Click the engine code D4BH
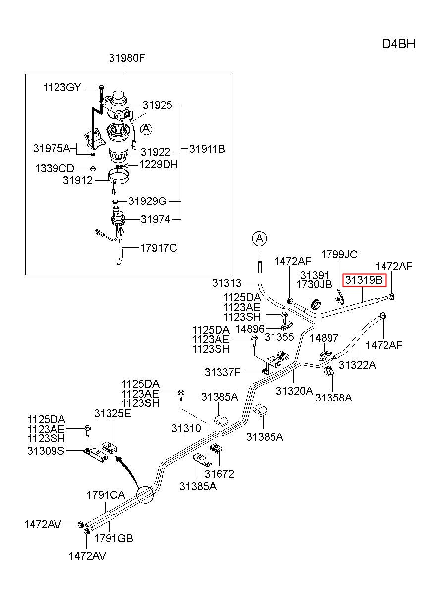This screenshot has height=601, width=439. [398, 44]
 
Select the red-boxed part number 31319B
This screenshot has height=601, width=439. [364, 280]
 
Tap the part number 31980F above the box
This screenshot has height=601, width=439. [127, 58]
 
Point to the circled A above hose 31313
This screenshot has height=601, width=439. [260, 238]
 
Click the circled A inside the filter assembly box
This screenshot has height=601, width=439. [146, 129]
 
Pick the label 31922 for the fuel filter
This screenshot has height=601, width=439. [156, 152]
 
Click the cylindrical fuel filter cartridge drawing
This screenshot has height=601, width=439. [119, 143]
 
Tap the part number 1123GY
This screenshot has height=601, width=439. [62, 88]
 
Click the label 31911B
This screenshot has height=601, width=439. [207, 149]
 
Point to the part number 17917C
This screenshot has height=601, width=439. [159, 248]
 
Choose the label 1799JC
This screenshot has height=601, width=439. [339, 255]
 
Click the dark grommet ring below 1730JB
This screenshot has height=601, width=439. [317, 304]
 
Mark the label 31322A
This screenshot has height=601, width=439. [357, 365]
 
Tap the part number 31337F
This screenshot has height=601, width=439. [222, 372]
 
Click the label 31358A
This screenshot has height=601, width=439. [333, 398]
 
